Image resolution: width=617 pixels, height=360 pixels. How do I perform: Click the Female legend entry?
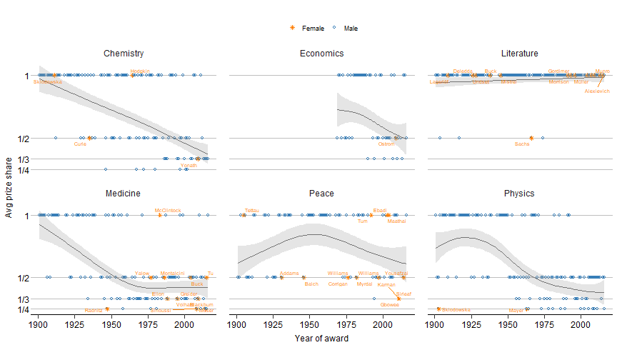(x=308, y=29)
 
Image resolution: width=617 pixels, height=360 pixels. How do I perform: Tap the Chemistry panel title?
(x=124, y=54)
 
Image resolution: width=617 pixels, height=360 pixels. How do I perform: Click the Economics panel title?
(x=321, y=54)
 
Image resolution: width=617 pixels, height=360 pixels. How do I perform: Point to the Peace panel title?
(x=321, y=194)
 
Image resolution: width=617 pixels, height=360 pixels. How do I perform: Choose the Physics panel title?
(x=519, y=194)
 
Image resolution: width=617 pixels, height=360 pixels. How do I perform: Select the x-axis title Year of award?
(x=321, y=339)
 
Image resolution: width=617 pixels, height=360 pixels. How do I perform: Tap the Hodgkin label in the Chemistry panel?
(x=140, y=71)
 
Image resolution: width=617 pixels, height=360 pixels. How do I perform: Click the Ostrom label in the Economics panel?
(x=386, y=144)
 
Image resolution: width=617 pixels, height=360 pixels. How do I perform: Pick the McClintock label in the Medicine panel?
(x=168, y=210)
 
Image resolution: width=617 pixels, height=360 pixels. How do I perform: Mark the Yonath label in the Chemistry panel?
(x=189, y=165)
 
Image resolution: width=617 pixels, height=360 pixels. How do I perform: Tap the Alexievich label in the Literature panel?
(x=597, y=91)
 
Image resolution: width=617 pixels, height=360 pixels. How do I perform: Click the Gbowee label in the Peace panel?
(x=390, y=305)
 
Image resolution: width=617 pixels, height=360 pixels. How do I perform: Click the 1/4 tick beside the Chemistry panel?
(x=23, y=170)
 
